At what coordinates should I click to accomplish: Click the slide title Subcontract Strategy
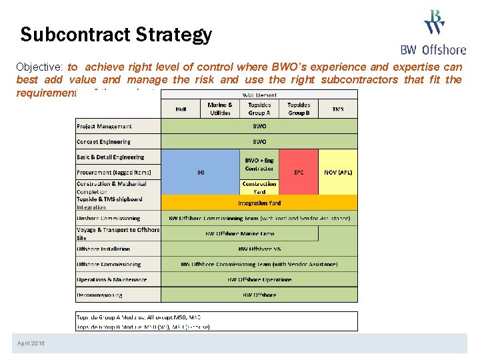[116, 35]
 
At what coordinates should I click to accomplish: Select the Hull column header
[181, 109]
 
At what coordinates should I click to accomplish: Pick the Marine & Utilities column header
[220, 109]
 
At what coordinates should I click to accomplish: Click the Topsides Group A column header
[259, 109]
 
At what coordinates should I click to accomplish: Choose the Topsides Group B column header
[299, 109]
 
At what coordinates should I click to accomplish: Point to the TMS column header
[338, 109]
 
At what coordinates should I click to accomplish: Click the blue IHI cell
[201, 172]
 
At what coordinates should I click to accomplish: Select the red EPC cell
[299, 172]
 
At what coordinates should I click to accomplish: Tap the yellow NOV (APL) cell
[338, 172]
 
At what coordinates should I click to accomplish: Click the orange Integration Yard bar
[259, 203]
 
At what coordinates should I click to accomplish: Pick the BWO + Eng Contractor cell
[259, 164]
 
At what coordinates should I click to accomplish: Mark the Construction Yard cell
[259, 187]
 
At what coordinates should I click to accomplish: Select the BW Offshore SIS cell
[259, 249]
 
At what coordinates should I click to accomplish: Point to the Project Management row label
[105, 126]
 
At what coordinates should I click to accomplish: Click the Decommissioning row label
[100, 295]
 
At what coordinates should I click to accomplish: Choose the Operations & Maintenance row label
[112, 279]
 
